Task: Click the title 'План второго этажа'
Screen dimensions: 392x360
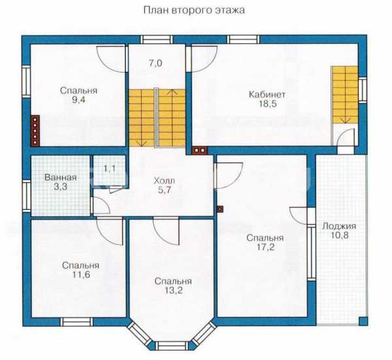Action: coord(194,10)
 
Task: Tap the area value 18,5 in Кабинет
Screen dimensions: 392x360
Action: coord(267,104)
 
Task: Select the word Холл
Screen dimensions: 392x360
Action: coord(164,180)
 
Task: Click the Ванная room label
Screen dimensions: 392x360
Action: coord(60,178)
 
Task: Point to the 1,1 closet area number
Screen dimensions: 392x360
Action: coord(110,169)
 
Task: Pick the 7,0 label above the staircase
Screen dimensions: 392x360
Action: coord(155,63)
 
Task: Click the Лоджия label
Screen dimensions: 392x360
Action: coord(339,226)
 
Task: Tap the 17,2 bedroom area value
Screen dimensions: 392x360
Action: coord(265,247)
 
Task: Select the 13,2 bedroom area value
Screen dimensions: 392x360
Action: coord(173,290)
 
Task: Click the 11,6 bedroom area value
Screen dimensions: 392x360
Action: coord(81,274)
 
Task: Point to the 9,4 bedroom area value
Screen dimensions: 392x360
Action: coord(78,100)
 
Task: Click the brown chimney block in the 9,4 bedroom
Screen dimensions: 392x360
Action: coord(35,130)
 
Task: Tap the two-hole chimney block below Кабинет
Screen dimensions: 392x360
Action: coord(199,150)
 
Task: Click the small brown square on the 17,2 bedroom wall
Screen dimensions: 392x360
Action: coord(220,209)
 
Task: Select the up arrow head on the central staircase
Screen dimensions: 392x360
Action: coord(172,91)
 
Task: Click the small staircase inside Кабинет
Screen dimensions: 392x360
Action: coord(345,95)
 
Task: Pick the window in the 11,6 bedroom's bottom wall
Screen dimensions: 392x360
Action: coord(76,321)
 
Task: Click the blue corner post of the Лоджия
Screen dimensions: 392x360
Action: coord(363,321)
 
